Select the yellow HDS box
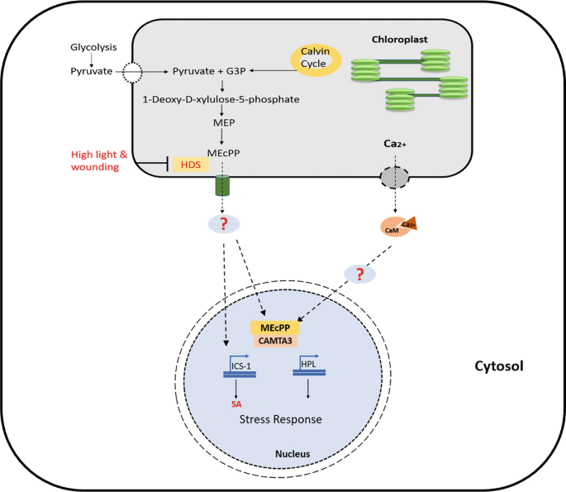(x=190, y=165)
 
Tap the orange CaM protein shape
(x=395, y=227)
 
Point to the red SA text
(x=238, y=405)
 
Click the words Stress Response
(x=280, y=420)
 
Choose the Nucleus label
(x=295, y=454)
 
